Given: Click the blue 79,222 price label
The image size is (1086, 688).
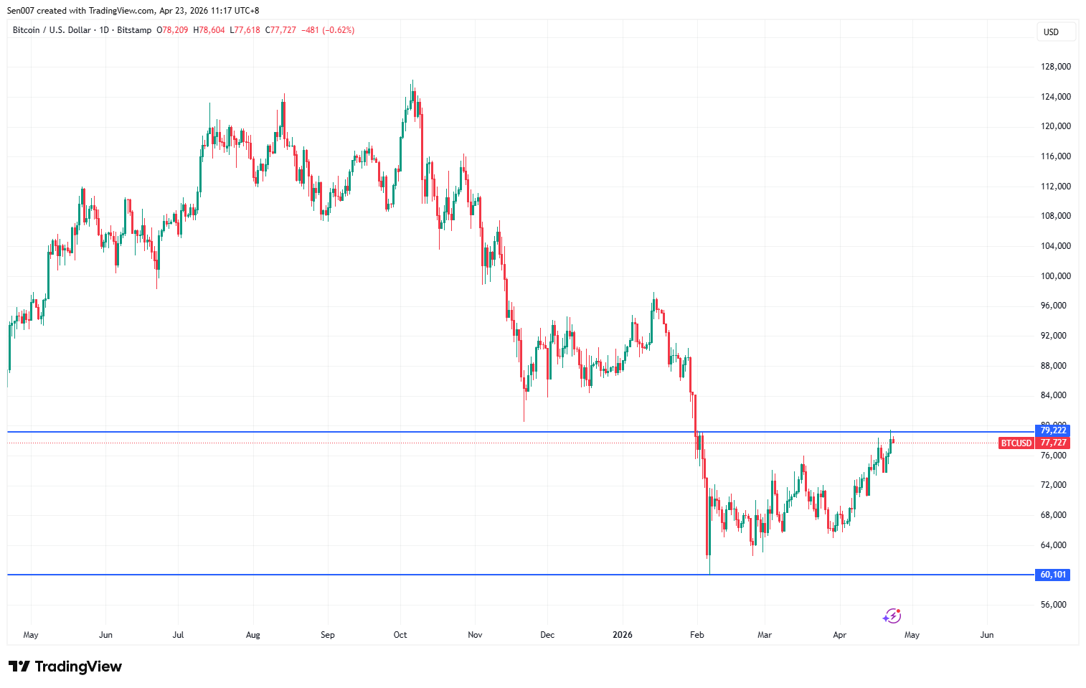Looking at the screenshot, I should pos(1053,430).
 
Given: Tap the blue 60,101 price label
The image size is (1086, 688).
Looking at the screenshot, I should pos(1053,575).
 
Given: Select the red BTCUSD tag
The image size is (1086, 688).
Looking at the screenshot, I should pos(1016,443).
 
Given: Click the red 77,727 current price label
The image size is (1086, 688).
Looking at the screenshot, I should pos(1054,443).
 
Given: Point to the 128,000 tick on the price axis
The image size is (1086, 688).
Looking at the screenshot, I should pos(1056,67).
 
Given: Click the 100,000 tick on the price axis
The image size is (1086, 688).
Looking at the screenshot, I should pos(1056,276).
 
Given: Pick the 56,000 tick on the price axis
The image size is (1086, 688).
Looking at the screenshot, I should pos(1054,605).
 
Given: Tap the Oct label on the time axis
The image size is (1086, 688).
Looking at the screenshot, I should pos(400,635).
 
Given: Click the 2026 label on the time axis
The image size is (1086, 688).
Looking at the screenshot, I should pos(623,635).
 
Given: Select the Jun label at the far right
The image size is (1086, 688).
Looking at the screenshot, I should pos(987,635).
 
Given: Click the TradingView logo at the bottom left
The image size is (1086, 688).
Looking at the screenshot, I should pos(65,666).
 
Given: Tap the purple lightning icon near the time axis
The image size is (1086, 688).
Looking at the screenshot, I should pos(892,616).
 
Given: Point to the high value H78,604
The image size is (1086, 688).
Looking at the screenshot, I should pos(209,30).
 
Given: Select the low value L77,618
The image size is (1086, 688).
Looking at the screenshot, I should pos(245,30).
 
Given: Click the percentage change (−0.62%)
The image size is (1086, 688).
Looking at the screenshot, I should pos(339,30).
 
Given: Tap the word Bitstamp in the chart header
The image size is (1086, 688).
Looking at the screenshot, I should pos(134,30).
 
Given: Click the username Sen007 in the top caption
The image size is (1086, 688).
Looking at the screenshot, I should pos(20,11).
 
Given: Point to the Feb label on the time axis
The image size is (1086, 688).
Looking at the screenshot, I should pos(697,635).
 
